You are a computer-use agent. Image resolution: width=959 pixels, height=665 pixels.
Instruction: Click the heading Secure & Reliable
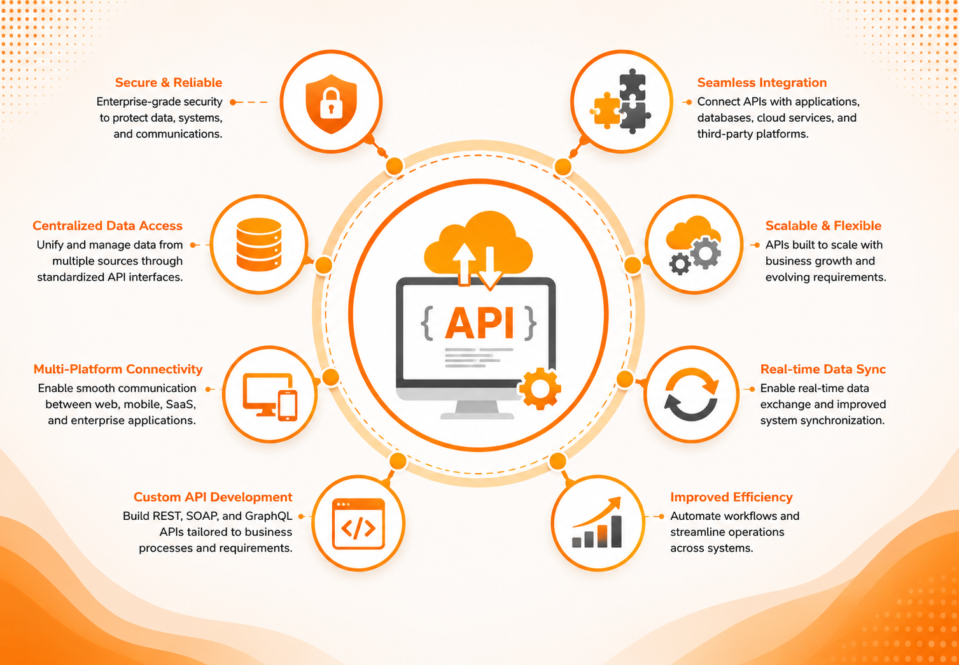[169, 82]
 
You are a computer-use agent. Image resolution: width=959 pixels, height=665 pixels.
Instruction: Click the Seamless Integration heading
[762, 82]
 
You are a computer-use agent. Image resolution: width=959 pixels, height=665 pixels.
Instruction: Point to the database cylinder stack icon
[258, 245]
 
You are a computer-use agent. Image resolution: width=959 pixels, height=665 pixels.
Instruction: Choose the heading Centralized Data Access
[108, 225]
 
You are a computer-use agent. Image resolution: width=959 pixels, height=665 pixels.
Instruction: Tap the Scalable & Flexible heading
[823, 225]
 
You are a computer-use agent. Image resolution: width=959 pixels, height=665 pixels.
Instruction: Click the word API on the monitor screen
[480, 323]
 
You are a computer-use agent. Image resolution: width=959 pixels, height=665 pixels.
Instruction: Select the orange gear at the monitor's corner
[540, 389]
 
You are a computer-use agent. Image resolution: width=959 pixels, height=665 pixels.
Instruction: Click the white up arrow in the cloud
[465, 264]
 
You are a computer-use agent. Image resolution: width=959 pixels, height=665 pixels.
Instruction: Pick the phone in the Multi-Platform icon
[288, 405]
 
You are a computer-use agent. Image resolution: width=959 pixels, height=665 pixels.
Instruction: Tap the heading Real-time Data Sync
[823, 369]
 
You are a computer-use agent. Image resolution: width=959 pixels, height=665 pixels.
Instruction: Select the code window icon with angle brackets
[358, 524]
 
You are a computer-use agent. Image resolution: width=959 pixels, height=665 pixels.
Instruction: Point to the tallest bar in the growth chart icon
[616, 531]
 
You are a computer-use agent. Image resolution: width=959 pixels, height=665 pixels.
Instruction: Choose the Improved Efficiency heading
[731, 497]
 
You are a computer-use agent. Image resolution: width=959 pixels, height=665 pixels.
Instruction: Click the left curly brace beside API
[427, 324]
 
